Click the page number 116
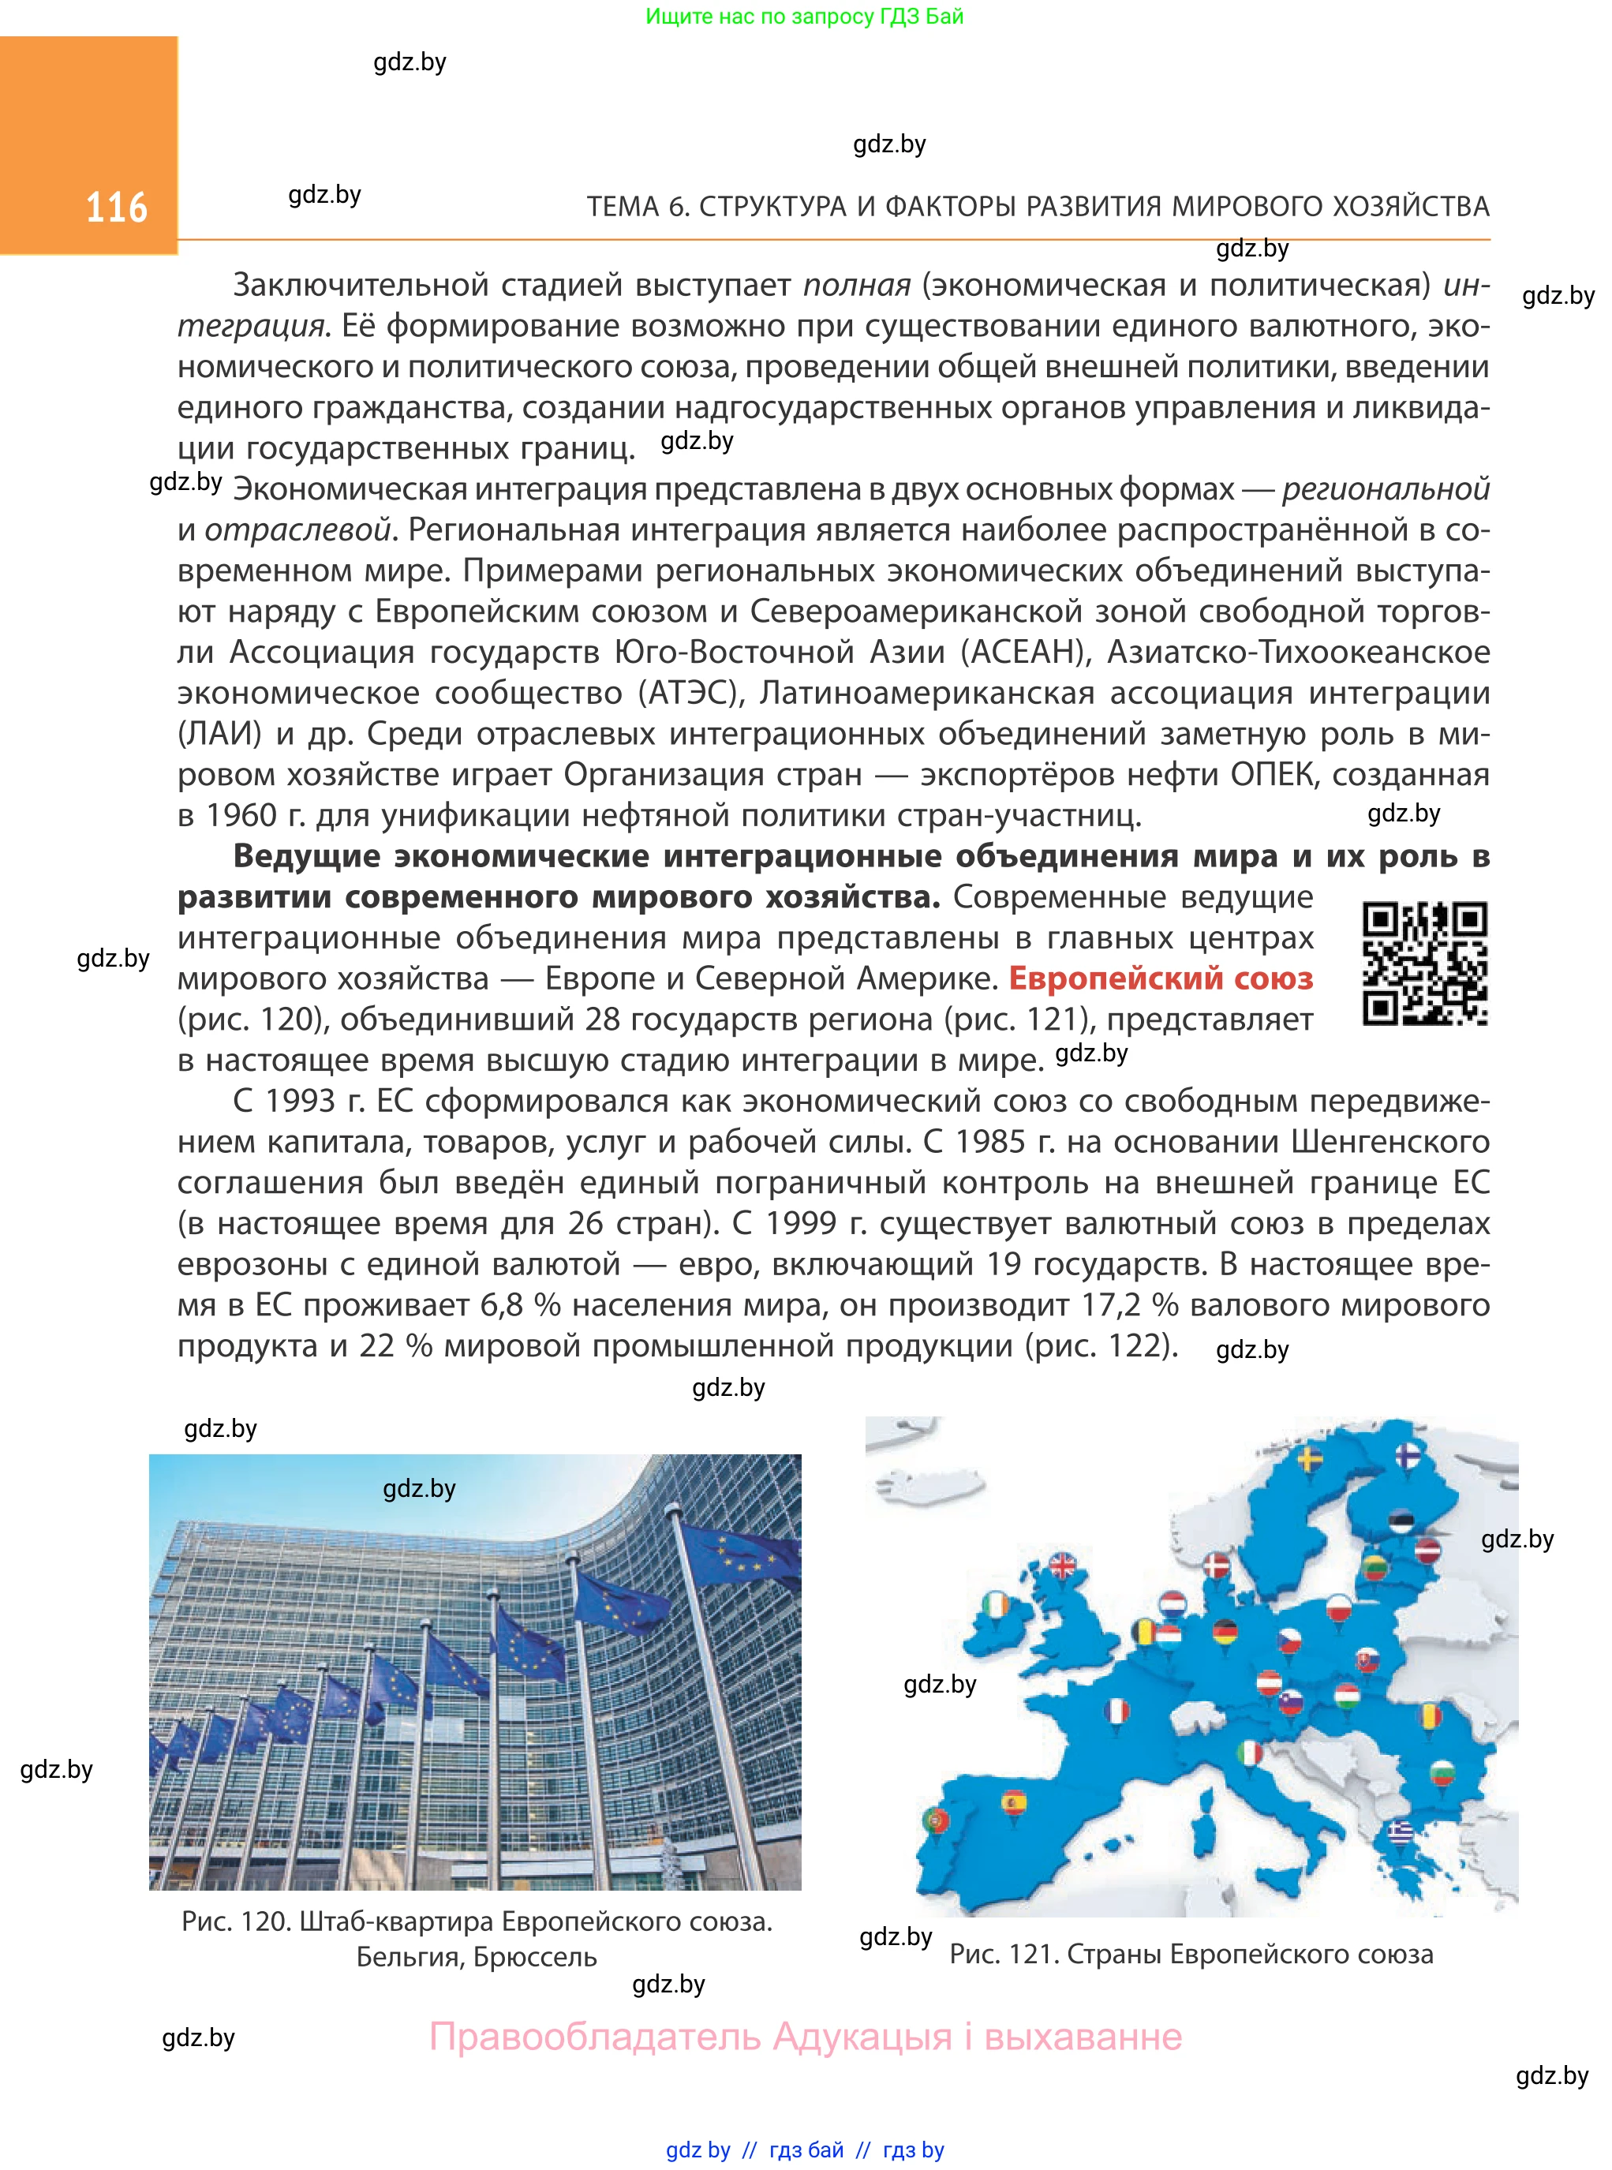pos(116,208)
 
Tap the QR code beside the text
pos(1425,963)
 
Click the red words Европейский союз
pos(1160,978)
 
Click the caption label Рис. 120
pos(235,1921)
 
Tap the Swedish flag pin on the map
pos(1310,1461)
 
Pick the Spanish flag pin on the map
pos(1015,1803)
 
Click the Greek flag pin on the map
pos(1401,1833)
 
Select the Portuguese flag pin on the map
pos(935,1820)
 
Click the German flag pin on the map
pos(1225,1631)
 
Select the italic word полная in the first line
pos(857,285)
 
